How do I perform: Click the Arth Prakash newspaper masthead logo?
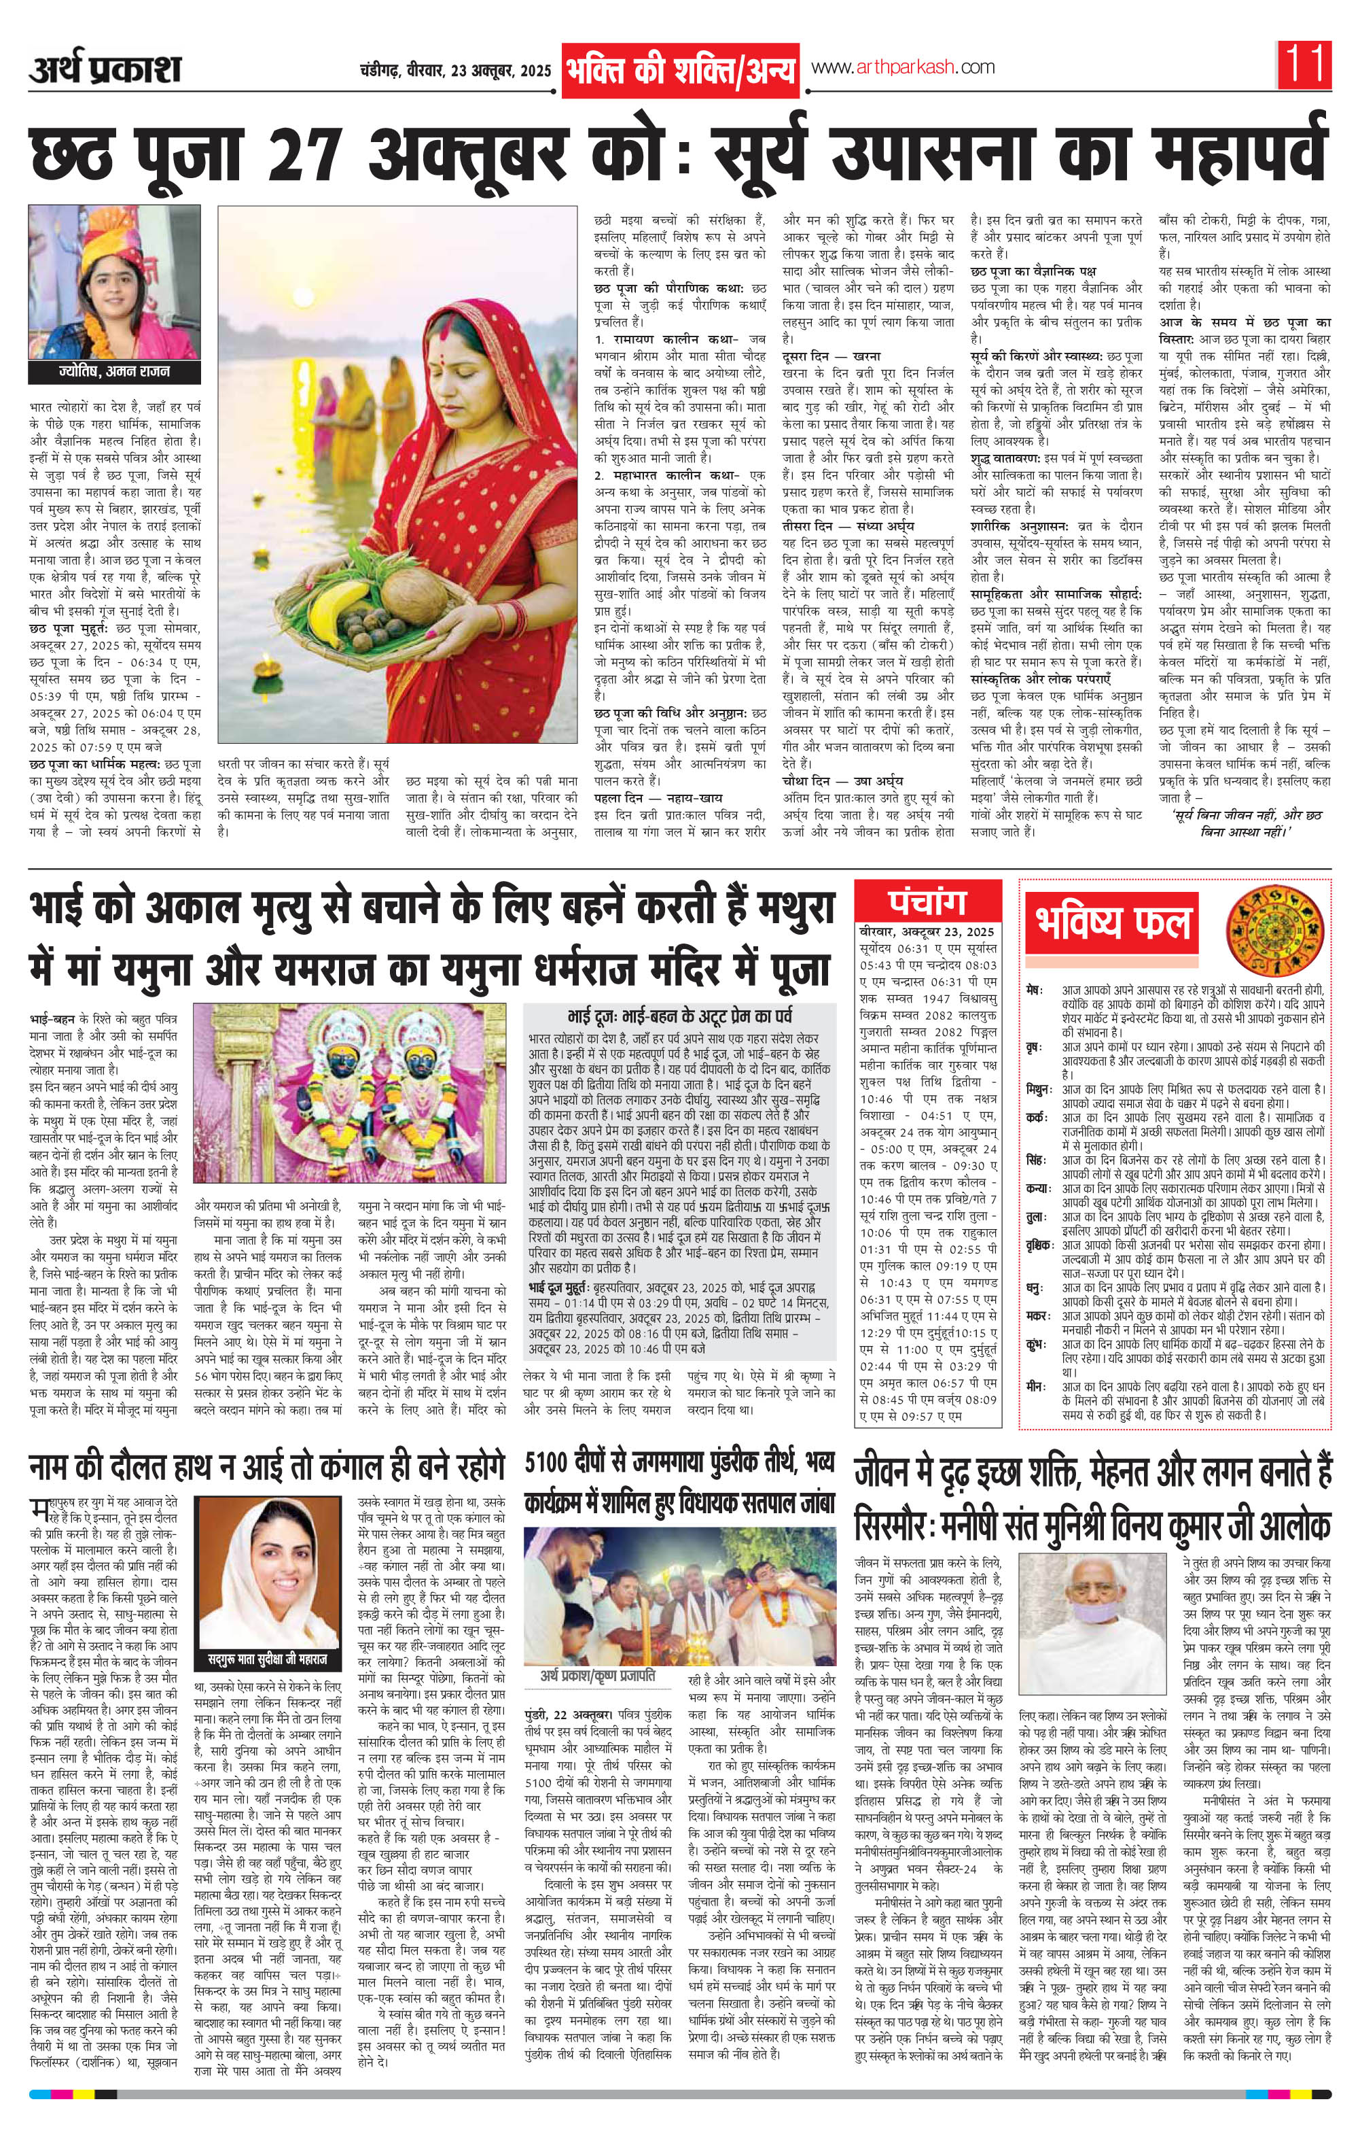click(x=105, y=69)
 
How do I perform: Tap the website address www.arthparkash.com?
click(x=901, y=67)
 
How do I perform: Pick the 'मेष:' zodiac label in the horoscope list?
click(x=1032, y=989)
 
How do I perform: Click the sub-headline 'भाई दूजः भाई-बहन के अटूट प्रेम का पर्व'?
click(x=679, y=1016)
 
